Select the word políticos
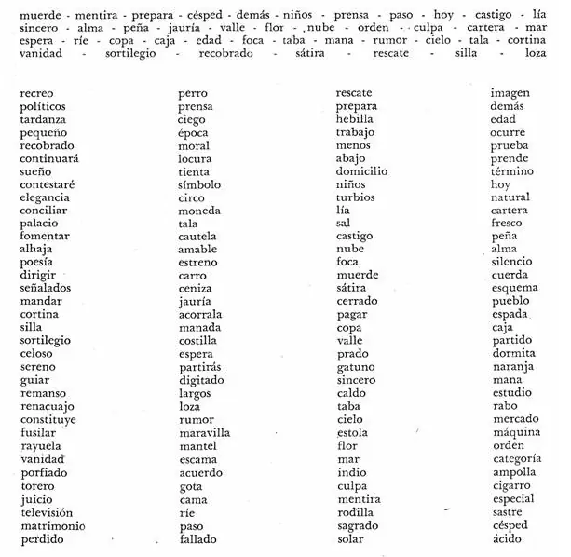(43, 107)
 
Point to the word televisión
(47, 512)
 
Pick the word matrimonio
(52, 525)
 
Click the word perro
(193, 94)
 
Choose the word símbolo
(199, 184)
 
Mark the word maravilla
(204, 433)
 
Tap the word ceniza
(196, 289)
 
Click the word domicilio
(361, 171)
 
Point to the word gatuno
(355, 367)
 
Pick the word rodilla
(355, 512)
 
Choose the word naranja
(512, 367)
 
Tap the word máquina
(514, 433)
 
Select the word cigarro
(511, 485)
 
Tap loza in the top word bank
(535, 53)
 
